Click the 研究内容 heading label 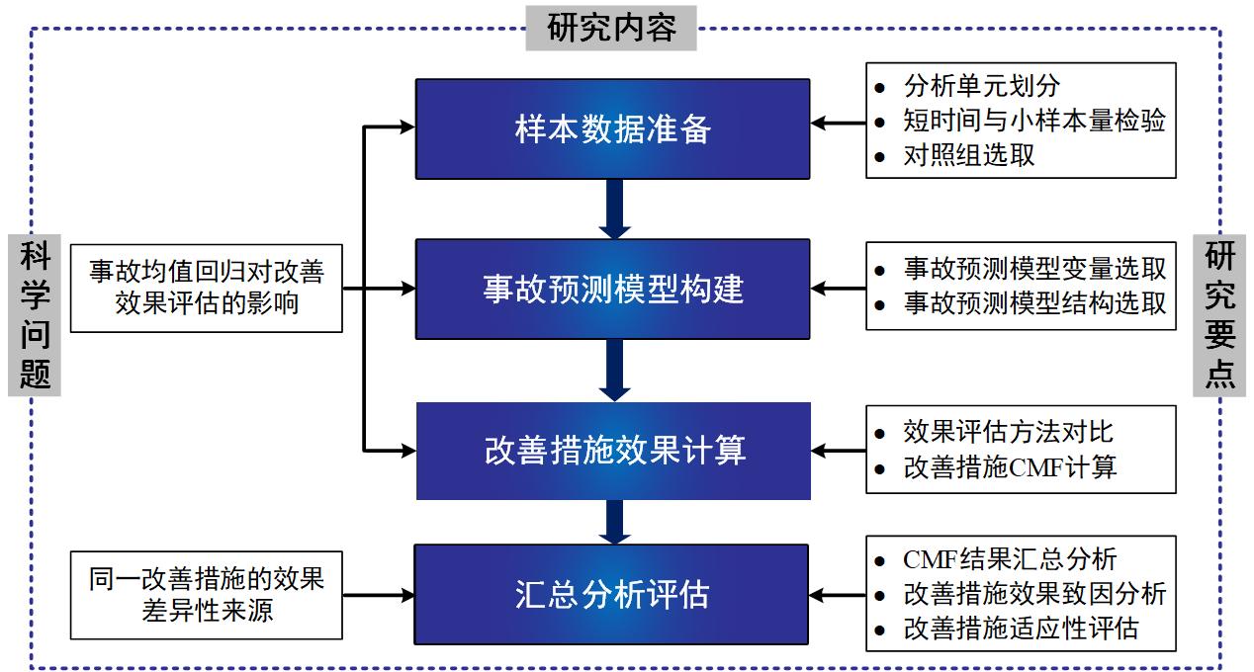pos(611,27)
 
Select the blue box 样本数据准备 pos(612,128)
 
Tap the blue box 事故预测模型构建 pos(612,289)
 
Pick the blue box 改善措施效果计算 pos(613,450)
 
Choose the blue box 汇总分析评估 pos(612,594)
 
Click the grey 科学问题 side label pos(35,314)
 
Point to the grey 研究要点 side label pos(1219,314)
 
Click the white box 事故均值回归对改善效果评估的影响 pos(207,287)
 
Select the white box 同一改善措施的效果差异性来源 pos(207,594)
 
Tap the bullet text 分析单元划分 pos(981,86)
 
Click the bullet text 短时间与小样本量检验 pos(1033,121)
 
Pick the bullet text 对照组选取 pos(968,155)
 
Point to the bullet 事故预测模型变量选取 pos(1033,269)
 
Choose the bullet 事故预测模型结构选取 pos(1033,303)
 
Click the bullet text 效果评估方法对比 pos(1007,432)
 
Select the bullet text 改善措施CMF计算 pos(1009,466)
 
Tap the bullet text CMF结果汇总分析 pos(1009,559)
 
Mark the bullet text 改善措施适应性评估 pos(1021,629)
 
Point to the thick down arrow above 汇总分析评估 pos(614,522)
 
